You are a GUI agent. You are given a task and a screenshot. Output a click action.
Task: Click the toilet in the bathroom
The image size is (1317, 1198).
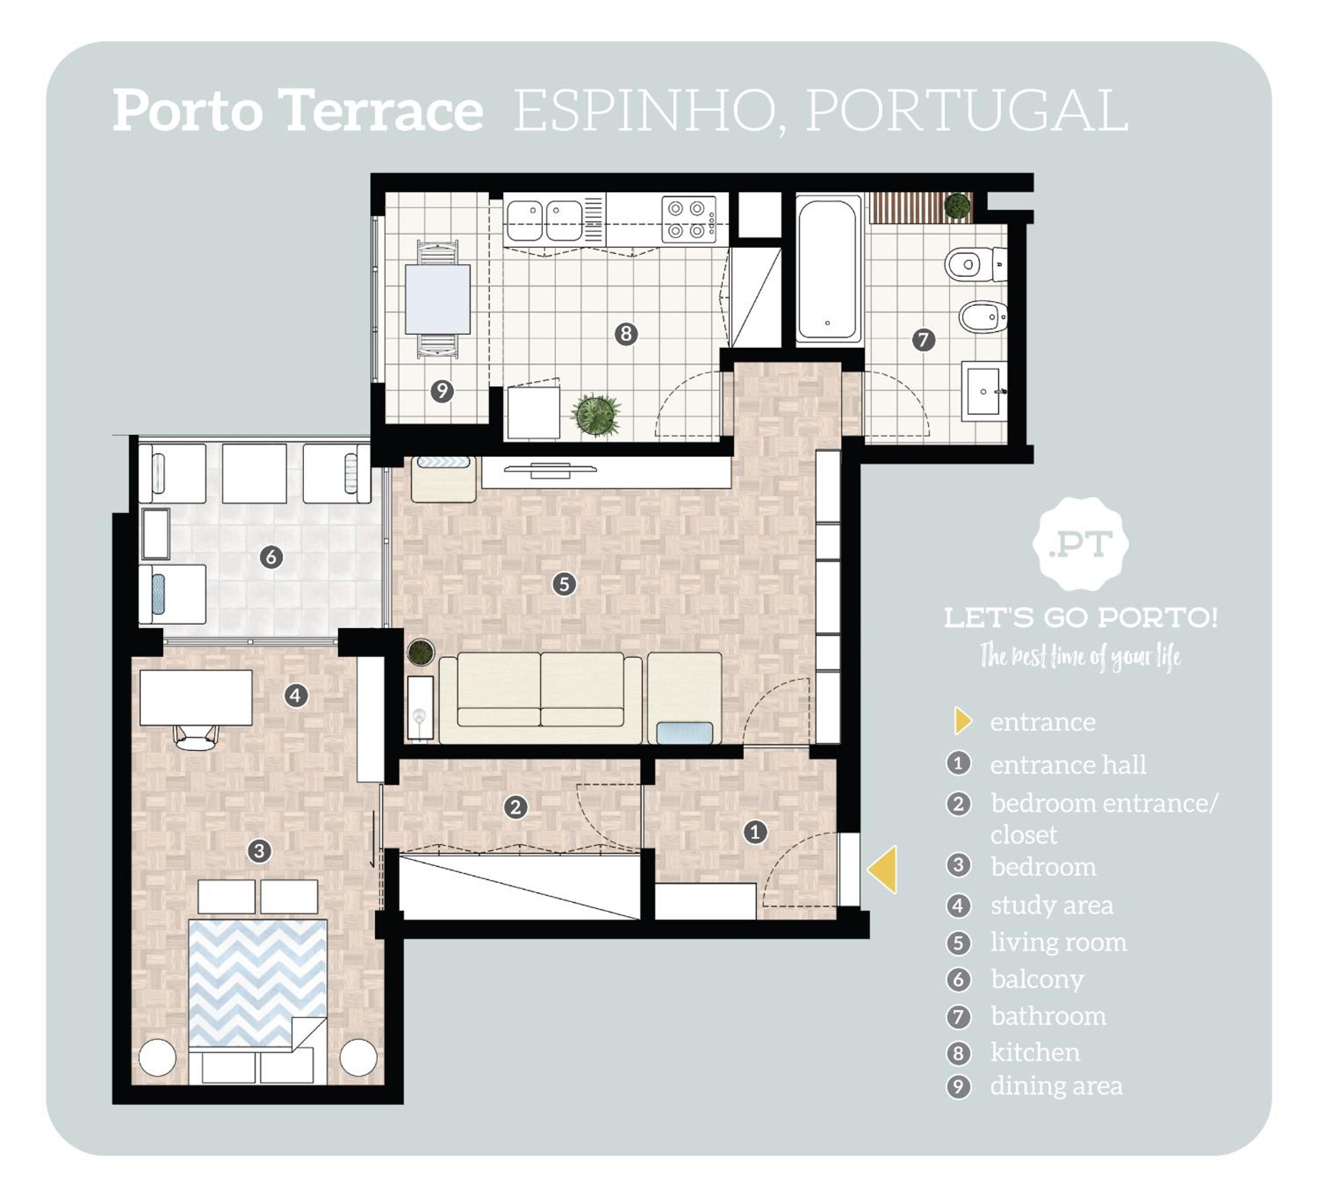tap(975, 265)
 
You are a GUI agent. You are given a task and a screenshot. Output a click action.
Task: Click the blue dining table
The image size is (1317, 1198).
tap(437, 299)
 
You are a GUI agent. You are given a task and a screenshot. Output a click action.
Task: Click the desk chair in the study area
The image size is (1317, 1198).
tap(196, 737)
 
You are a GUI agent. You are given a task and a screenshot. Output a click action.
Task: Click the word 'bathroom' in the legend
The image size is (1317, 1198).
tap(1048, 1016)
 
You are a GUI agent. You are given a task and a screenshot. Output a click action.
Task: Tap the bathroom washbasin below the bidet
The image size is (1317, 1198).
tap(984, 391)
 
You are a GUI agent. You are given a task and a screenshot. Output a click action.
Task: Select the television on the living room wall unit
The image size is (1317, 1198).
tap(550, 469)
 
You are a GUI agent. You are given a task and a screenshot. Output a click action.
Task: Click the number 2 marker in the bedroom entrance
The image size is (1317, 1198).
tap(515, 807)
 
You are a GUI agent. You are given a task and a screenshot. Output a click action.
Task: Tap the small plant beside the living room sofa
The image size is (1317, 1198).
tap(421, 652)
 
